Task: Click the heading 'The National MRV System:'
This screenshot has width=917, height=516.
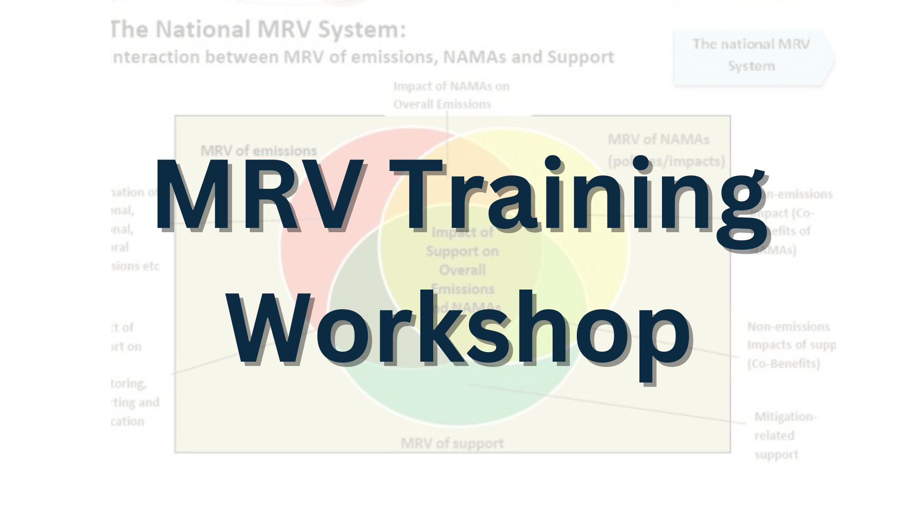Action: tap(258, 30)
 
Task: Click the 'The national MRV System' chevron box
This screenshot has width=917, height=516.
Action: tap(752, 55)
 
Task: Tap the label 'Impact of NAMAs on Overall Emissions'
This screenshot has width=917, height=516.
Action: tap(451, 95)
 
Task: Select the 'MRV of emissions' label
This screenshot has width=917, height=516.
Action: tap(259, 150)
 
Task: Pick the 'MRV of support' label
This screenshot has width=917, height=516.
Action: tap(452, 443)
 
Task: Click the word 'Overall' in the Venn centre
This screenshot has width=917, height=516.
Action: tap(462, 270)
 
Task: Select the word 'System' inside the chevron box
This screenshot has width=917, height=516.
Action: tap(751, 66)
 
